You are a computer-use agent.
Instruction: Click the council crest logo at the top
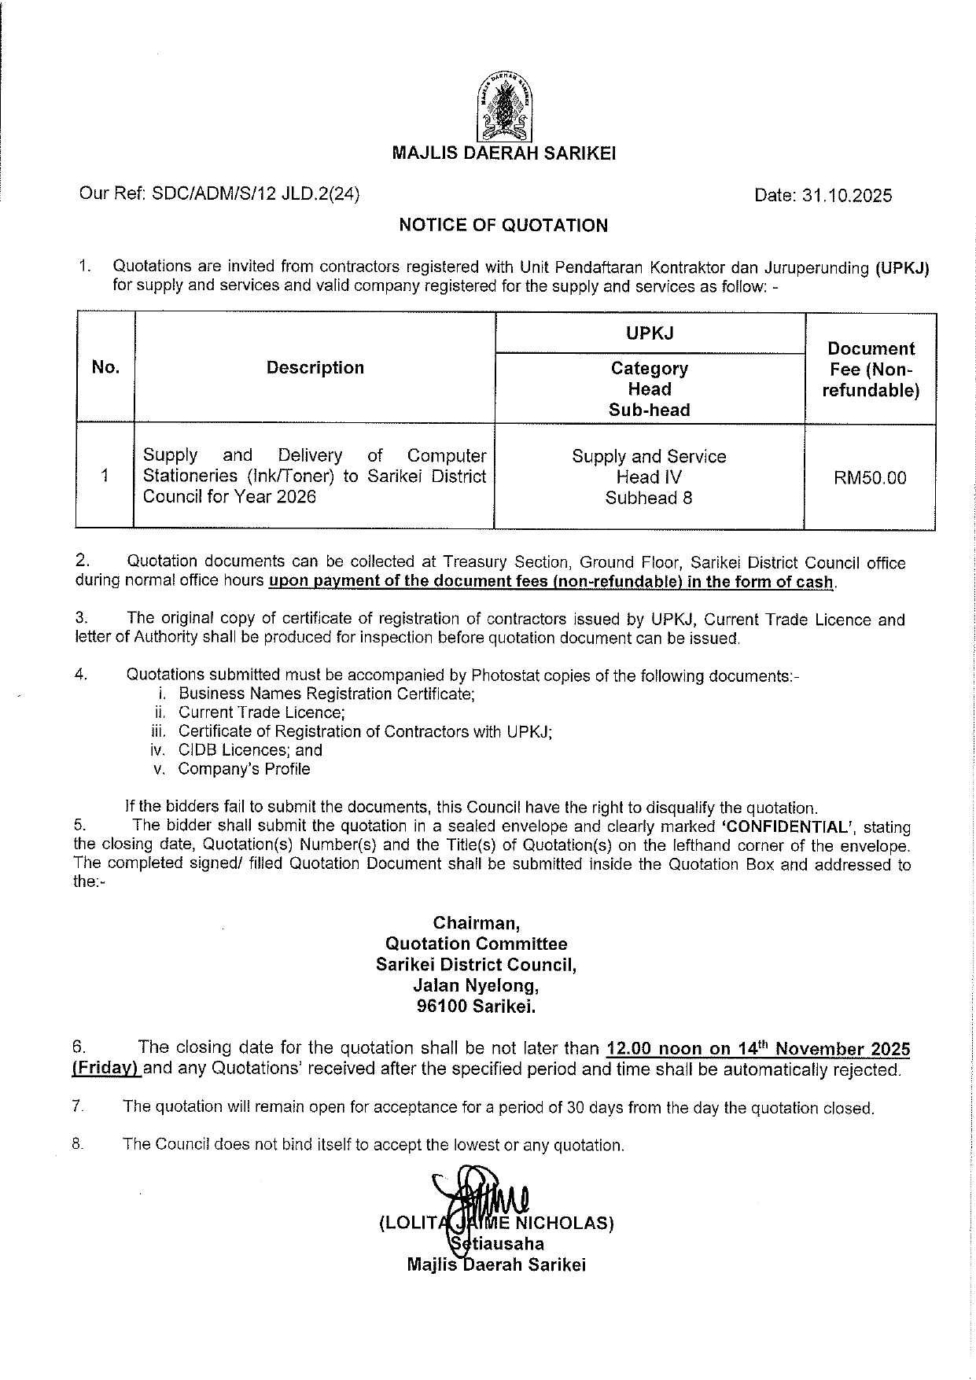[x=503, y=105]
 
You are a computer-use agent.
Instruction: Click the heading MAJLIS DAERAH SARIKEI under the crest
[x=503, y=154]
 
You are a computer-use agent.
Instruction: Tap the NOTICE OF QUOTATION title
[x=503, y=226]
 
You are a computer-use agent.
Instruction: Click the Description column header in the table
[x=315, y=368]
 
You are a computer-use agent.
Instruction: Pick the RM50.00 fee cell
[x=870, y=478]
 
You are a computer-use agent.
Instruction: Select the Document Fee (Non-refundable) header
[x=871, y=370]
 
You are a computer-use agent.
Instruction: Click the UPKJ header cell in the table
[x=650, y=333]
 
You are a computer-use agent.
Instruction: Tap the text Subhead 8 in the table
[x=649, y=498]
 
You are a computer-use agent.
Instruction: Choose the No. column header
[x=105, y=367]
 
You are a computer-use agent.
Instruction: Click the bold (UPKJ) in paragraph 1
[x=901, y=267]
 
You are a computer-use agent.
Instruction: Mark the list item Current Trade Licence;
[x=261, y=712]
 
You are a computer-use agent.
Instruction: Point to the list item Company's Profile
[x=244, y=769]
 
